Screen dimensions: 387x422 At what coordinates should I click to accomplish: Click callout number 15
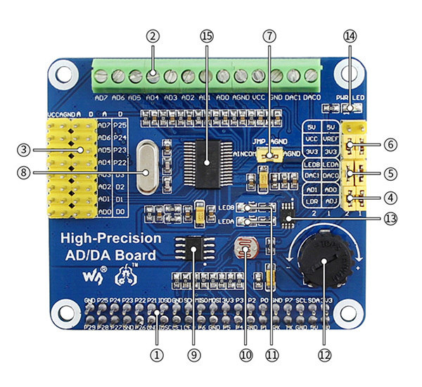205,34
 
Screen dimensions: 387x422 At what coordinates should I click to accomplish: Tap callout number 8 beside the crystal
23,170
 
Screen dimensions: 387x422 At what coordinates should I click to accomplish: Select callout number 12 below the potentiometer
323,355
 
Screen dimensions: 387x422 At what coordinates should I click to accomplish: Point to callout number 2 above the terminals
153,34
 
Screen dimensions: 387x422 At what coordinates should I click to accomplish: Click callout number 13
392,218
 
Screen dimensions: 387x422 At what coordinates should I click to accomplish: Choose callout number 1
155,355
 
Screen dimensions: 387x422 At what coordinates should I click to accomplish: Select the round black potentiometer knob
322,262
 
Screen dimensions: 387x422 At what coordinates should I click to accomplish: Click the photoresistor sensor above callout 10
245,250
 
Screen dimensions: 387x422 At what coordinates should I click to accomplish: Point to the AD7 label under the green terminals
101,97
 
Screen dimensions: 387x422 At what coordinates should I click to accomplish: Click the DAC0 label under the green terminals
312,97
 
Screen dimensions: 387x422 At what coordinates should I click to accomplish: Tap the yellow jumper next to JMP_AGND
267,153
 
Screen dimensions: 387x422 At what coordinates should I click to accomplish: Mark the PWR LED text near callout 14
346,99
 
